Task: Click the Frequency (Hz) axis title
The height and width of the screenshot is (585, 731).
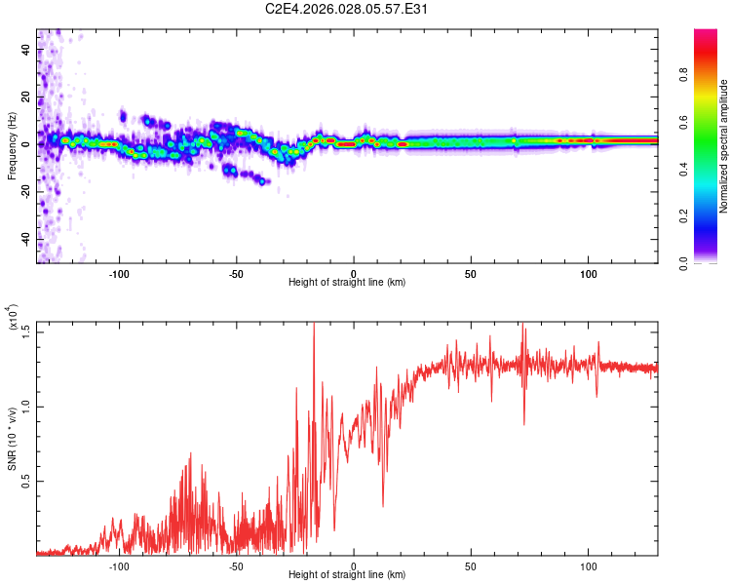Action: (12, 146)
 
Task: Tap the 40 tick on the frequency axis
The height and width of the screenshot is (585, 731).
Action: (26, 51)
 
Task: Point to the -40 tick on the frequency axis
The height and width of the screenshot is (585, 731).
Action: (26, 239)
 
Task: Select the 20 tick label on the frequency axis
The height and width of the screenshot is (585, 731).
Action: (26, 97)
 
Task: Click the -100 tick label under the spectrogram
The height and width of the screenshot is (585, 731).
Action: (119, 272)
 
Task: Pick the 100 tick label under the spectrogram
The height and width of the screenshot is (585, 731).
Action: (588, 272)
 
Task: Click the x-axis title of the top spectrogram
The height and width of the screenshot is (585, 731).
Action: (347, 283)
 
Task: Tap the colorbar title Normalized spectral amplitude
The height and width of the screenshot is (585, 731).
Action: (724, 146)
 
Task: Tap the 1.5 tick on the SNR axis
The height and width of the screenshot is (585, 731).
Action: (26, 331)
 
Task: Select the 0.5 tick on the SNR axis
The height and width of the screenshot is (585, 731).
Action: (26, 482)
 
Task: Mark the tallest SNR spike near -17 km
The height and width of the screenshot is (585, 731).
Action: (314, 326)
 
